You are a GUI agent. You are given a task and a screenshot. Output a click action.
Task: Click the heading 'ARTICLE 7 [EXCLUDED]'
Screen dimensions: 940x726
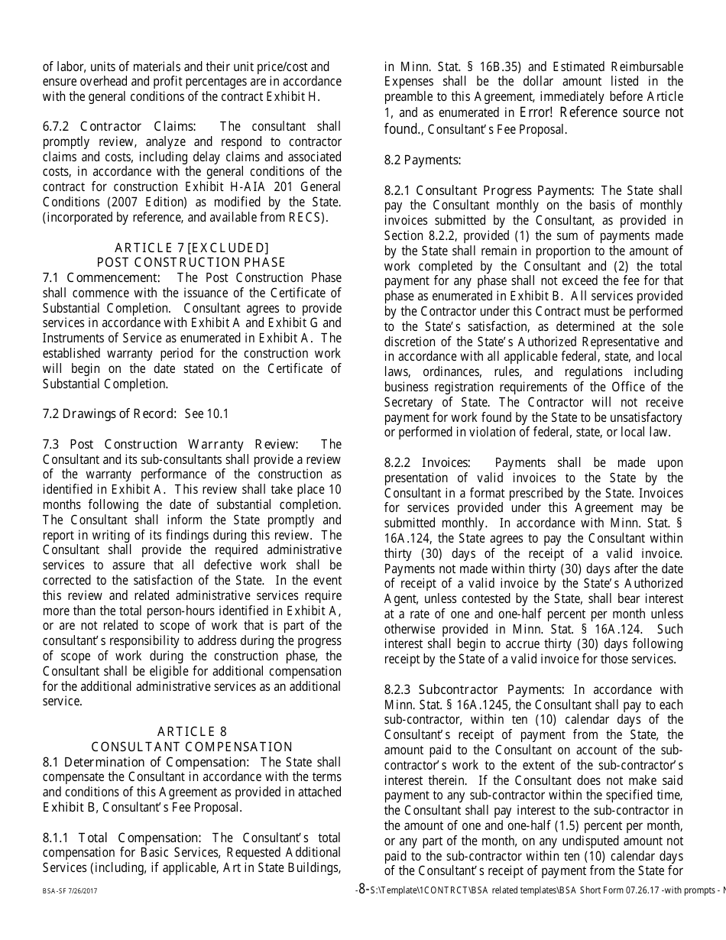click(192, 248)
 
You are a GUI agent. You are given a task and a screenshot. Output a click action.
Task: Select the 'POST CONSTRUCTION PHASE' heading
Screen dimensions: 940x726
click(191, 263)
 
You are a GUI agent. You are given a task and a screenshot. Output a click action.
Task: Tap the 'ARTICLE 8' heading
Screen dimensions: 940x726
click(192, 732)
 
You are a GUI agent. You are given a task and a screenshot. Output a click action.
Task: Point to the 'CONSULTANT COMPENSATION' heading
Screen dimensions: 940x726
click(192, 747)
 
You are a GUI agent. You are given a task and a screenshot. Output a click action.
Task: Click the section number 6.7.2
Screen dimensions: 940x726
click(57, 127)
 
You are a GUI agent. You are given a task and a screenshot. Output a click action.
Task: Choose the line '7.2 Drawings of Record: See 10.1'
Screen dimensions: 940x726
click(135, 414)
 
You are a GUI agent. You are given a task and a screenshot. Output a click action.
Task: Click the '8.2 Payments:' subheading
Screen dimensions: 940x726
click(423, 160)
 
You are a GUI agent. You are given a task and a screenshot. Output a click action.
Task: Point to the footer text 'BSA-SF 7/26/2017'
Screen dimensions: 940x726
click(70, 891)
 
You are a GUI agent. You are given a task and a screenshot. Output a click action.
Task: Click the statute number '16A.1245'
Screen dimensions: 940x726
click(480, 705)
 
